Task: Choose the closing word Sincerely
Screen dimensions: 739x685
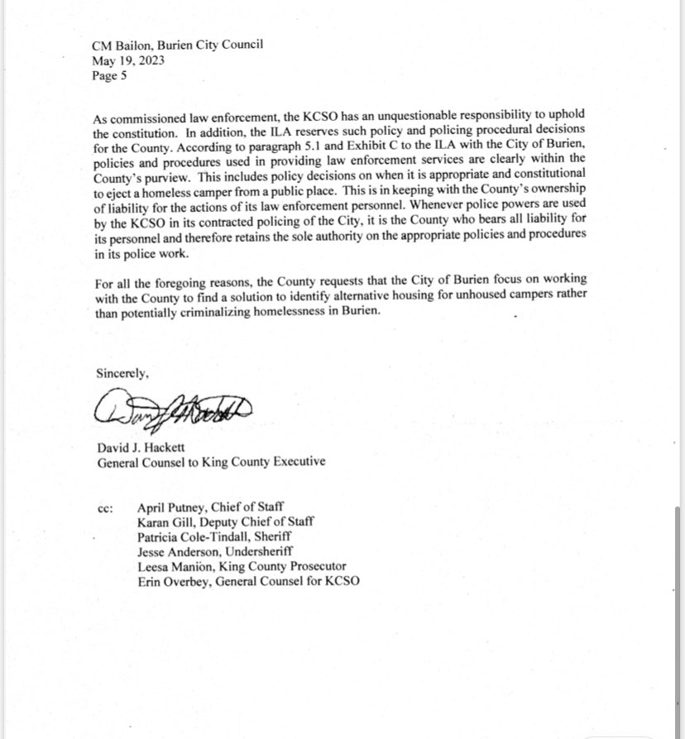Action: point(122,372)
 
